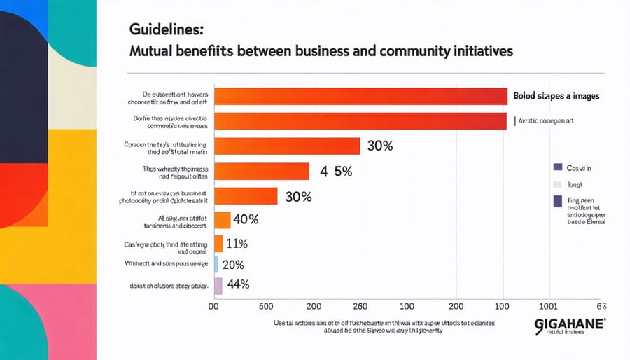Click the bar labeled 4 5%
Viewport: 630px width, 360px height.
click(x=262, y=171)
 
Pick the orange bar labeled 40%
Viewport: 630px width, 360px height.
click(x=223, y=220)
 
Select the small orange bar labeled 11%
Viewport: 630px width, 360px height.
click(x=218, y=244)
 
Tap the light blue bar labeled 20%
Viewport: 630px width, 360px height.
click(x=217, y=264)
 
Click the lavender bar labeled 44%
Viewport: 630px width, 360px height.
click(x=218, y=285)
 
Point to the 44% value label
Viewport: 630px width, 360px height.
click(x=238, y=284)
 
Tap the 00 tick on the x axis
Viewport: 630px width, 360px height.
click(x=216, y=306)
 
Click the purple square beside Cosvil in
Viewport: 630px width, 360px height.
click(x=557, y=167)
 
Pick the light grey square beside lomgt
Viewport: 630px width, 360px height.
click(x=557, y=184)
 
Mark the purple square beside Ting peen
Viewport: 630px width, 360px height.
click(x=557, y=202)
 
